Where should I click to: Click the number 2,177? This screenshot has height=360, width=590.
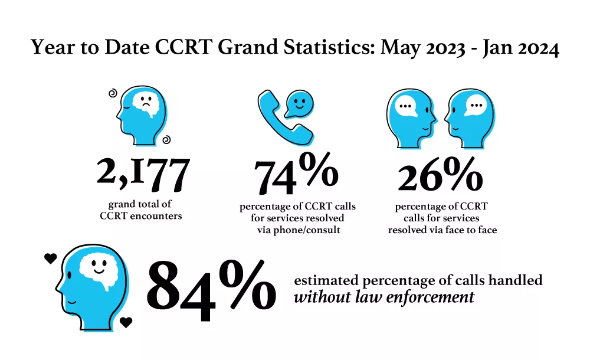pyautogui.click(x=143, y=174)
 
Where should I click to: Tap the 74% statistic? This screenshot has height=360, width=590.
pyautogui.click(x=296, y=174)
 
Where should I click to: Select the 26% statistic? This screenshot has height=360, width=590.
pyautogui.click(x=440, y=174)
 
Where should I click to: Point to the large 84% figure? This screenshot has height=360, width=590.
pyautogui.click(x=211, y=290)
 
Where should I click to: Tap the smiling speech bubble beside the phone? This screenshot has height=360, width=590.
pyautogui.click(x=299, y=103)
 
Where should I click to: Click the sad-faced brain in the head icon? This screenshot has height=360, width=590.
pyautogui.click(x=146, y=103)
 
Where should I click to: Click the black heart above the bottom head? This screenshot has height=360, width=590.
pyautogui.click(x=50, y=258)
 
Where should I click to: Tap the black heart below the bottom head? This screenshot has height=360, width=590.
pyautogui.click(x=126, y=322)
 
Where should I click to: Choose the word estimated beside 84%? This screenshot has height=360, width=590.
pyautogui.click(x=326, y=280)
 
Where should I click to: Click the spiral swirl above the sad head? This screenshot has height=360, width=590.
pyautogui.click(x=113, y=93)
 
